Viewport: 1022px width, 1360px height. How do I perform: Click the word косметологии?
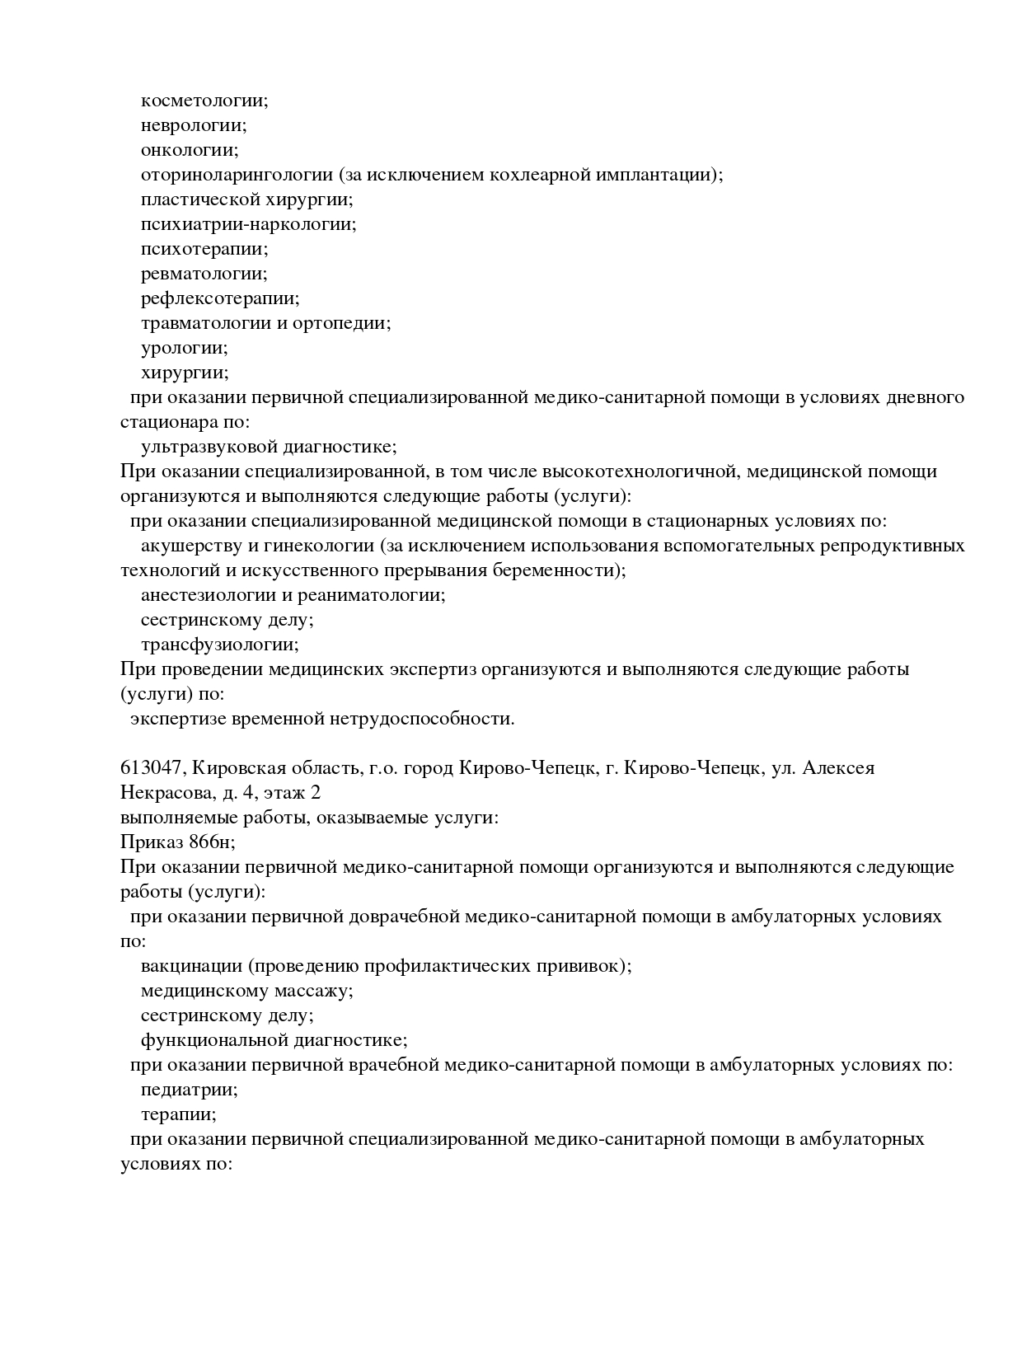click(204, 101)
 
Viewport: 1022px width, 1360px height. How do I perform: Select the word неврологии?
click(193, 126)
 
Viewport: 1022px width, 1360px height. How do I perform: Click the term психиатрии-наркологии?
click(248, 225)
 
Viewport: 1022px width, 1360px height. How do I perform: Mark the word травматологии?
click(206, 324)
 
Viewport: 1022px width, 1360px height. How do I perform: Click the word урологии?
click(184, 349)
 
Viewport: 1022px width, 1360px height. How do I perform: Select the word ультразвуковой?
click(209, 448)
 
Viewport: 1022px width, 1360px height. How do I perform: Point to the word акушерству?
click(188, 546)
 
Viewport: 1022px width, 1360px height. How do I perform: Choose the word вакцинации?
click(191, 967)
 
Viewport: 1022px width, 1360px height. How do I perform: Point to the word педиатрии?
click(189, 1090)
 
